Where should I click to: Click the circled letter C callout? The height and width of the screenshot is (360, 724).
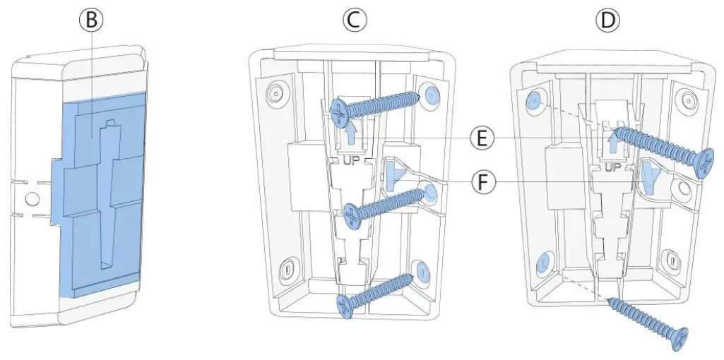click(355, 21)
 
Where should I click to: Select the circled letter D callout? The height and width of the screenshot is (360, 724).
click(605, 21)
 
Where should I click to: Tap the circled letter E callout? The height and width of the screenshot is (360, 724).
click(482, 138)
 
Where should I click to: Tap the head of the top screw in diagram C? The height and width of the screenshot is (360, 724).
click(339, 111)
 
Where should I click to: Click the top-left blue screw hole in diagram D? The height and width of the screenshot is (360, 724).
click(535, 102)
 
